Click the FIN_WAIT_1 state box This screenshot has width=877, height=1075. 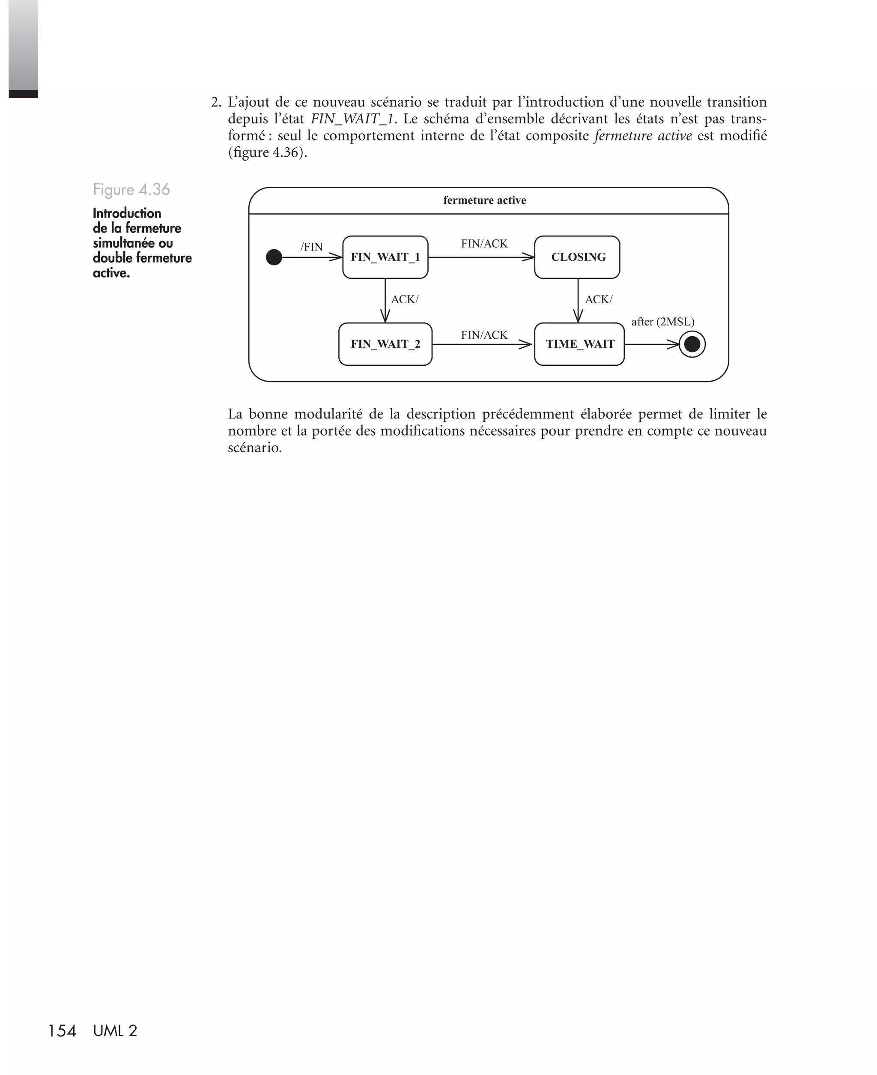(385, 257)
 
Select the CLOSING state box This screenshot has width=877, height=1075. (577, 257)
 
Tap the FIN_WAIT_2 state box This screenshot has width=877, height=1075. (385, 344)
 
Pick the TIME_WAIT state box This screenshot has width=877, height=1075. (579, 344)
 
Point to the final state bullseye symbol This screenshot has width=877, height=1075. (692, 344)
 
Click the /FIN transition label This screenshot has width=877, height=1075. (311, 247)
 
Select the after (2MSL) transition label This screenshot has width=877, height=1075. (662, 322)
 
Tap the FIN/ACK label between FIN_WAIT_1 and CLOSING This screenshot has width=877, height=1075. (484, 244)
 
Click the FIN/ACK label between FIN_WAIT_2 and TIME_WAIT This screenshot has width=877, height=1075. (484, 335)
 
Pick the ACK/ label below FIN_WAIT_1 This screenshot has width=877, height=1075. (404, 299)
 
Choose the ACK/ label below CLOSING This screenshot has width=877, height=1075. (598, 299)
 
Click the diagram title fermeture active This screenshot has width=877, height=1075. (484, 200)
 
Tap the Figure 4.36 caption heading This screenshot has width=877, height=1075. (131, 189)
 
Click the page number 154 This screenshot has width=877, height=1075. (62, 1030)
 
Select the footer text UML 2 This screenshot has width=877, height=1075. (115, 1030)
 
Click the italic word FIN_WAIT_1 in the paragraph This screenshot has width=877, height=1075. (352, 119)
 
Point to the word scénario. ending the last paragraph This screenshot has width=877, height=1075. (255, 448)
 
